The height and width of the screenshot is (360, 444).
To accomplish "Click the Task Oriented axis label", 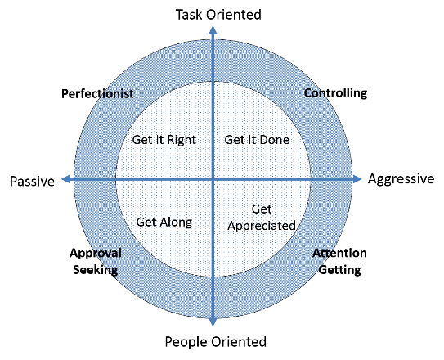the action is click(x=218, y=15).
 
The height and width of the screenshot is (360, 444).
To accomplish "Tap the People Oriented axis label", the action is click(x=216, y=341).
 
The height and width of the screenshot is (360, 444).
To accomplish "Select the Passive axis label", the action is click(x=32, y=182).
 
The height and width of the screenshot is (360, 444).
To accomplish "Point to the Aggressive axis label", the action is click(x=401, y=179).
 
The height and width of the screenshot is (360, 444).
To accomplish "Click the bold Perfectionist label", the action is click(x=97, y=94).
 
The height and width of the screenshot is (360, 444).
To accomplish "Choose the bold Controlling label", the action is click(x=335, y=93).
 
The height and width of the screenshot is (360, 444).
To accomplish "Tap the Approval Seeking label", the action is click(x=96, y=262).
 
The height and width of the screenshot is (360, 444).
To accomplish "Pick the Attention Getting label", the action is click(x=339, y=262).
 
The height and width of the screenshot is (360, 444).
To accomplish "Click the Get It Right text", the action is click(x=164, y=140).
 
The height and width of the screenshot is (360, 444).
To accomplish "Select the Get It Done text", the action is click(x=257, y=140).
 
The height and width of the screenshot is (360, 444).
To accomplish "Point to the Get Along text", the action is click(x=164, y=223).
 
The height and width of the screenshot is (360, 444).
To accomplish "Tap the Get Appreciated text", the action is click(x=262, y=218).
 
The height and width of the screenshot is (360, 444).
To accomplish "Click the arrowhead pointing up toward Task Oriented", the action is click(x=213, y=29).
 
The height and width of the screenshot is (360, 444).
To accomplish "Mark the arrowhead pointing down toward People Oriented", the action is click(x=213, y=322).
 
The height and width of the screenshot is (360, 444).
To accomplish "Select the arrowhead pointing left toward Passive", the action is click(x=65, y=179).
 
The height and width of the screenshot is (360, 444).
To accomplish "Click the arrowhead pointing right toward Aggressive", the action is click(x=357, y=179).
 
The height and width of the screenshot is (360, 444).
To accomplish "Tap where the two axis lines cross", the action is click(x=213, y=179).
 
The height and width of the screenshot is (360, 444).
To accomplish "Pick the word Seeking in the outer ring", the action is click(x=96, y=270).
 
